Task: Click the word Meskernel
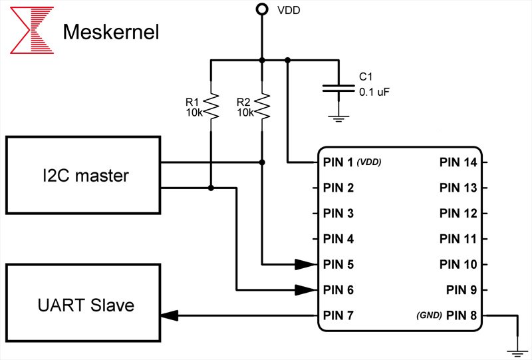pyautogui.click(x=110, y=31)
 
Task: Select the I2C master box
pyautogui.click(x=83, y=176)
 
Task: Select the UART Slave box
pyautogui.click(x=83, y=305)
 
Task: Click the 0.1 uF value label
pyautogui.click(x=374, y=93)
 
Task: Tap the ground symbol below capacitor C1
pyautogui.click(x=339, y=118)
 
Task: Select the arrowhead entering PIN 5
pyautogui.click(x=306, y=264)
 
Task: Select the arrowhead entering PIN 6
pyautogui.click(x=306, y=290)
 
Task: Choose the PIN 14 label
pyautogui.click(x=458, y=162)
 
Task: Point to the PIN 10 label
pyautogui.click(x=458, y=264)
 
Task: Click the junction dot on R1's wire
pyautogui.click(x=211, y=188)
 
